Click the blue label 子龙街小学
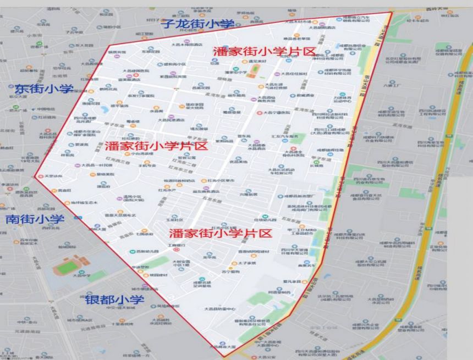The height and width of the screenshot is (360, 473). click(x=196, y=24)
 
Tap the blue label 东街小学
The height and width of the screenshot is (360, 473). click(x=44, y=89)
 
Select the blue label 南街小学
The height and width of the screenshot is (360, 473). click(x=35, y=219)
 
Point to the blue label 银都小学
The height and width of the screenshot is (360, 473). click(x=114, y=300)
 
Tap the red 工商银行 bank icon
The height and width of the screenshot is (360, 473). click(x=175, y=249)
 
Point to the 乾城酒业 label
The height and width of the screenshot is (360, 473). click(x=305, y=96)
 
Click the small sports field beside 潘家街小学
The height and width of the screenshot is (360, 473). click(x=254, y=70)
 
